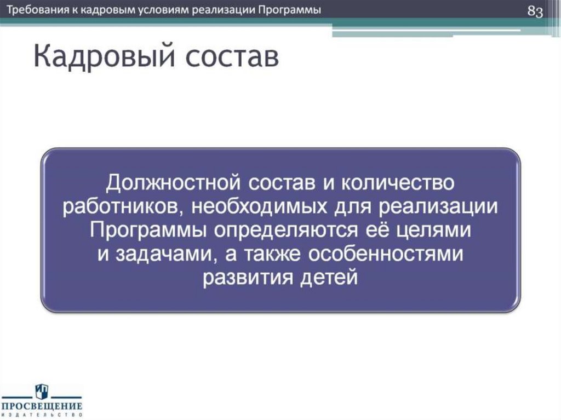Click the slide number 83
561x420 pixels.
pos(535,11)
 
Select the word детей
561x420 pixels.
pos(330,278)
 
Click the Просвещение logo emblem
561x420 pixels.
pos(42,391)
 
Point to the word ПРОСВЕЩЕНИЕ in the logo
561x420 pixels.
pos(42,406)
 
